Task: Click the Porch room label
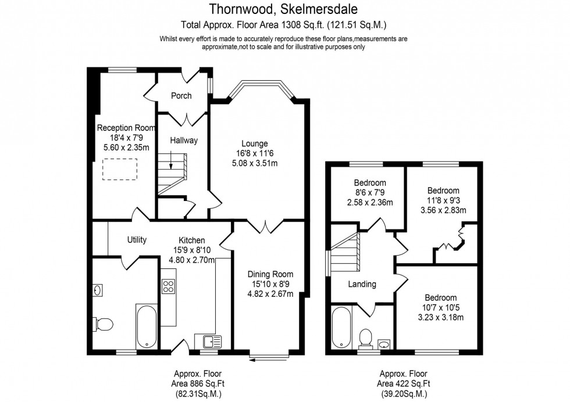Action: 181,96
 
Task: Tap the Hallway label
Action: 184,141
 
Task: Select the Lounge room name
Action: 255,143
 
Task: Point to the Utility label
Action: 137,240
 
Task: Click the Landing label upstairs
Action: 362,285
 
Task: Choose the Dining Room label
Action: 270,274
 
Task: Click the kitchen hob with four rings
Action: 169,286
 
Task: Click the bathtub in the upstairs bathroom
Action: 341,327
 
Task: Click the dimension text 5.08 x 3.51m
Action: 255,163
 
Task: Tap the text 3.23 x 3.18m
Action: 440,317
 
